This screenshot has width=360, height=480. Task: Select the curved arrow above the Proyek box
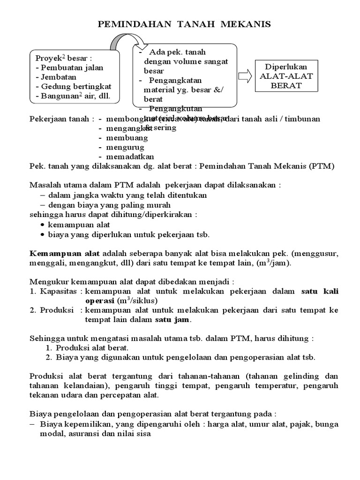(x=121, y=44)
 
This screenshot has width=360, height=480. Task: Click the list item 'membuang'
(x=127, y=138)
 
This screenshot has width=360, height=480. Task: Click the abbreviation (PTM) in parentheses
(x=322, y=166)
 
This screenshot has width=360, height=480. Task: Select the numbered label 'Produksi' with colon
(x=59, y=310)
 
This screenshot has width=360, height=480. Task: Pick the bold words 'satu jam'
(x=172, y=320)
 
